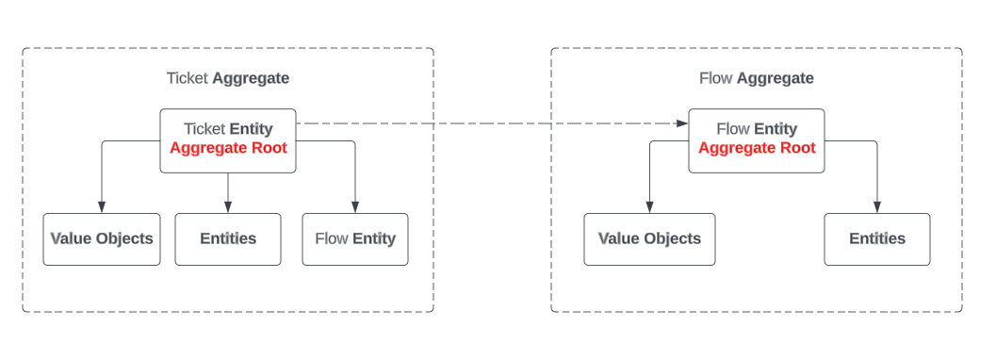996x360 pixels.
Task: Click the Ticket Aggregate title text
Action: click(x=228, y=78)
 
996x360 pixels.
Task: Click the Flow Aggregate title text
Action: click(x=756, y=78)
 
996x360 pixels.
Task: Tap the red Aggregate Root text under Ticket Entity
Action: click(x=228, y=148)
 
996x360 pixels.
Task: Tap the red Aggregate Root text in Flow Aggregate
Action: click(x=757, y=148)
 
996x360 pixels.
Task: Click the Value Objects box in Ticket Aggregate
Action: click(x=102, y=238)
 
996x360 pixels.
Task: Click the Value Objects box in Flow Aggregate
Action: click(x=649, y=238)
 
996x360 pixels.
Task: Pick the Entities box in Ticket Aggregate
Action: click(x=228, y=238)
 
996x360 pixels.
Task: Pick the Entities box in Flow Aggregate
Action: click(x=877, y=238)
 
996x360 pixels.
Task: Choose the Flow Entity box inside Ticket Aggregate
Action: click(x=355, y=238)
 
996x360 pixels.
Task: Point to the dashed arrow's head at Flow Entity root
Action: click(x=682, y=123)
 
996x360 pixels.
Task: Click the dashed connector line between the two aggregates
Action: click(x=490, y=123)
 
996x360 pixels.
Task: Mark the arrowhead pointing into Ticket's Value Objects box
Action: click(x=102, y=207)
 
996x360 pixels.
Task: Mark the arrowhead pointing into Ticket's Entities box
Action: click(x=228, y=207)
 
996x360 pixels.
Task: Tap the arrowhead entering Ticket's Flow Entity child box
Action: click(x=355, y=207)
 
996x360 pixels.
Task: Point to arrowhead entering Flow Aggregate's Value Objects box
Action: click(x=649, y=207)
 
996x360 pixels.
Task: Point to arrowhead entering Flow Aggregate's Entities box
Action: click(x=877, y=207)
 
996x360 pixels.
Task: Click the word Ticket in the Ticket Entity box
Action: click(x=204, y=129)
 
